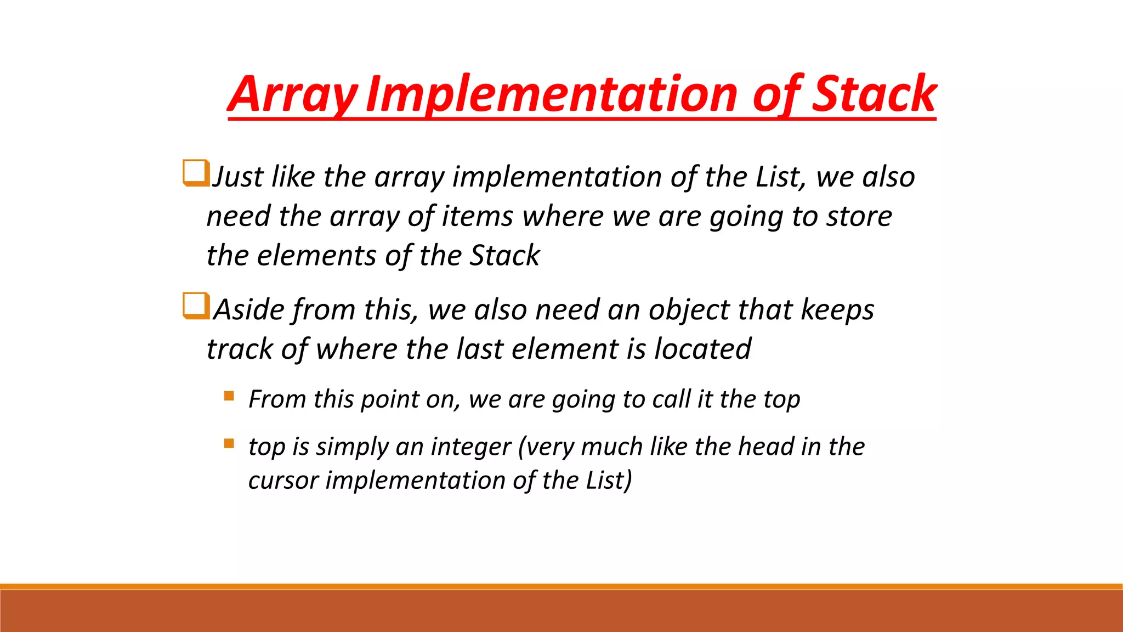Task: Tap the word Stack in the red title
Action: [873, 94]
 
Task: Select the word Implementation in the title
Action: [551, 94]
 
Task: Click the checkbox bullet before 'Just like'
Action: [196, 173]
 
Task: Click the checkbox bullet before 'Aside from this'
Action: [196, 306]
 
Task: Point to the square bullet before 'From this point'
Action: [229, 396]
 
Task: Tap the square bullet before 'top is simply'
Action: [229, 443]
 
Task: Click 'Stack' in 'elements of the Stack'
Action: [505, 256]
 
